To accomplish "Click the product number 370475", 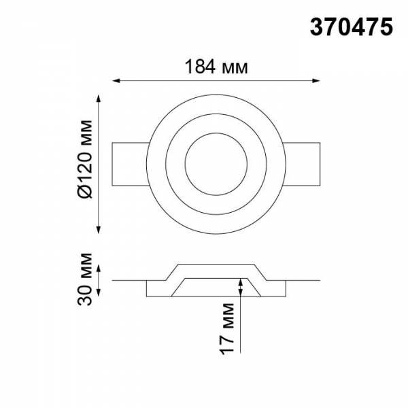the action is [352, 28].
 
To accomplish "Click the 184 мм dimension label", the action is [216, 67].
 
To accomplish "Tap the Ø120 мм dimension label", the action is [85, 159].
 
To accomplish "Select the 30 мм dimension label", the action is [85, 279].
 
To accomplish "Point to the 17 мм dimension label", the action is [226, 328].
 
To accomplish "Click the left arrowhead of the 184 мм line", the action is [116, 81].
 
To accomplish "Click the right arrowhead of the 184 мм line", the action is [316, 81].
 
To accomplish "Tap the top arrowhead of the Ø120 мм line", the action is [99, 99].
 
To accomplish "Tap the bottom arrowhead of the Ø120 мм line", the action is [99, 230].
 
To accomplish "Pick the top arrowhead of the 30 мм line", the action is [99, 269].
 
